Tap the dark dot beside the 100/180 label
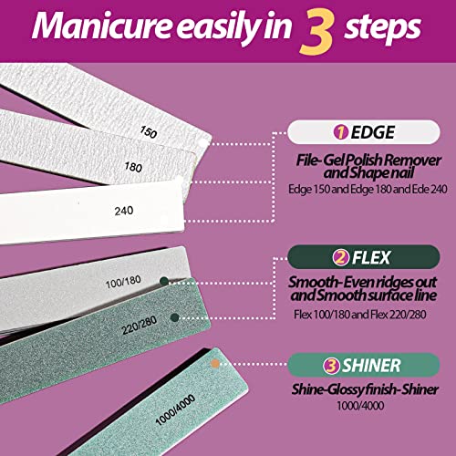165,281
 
